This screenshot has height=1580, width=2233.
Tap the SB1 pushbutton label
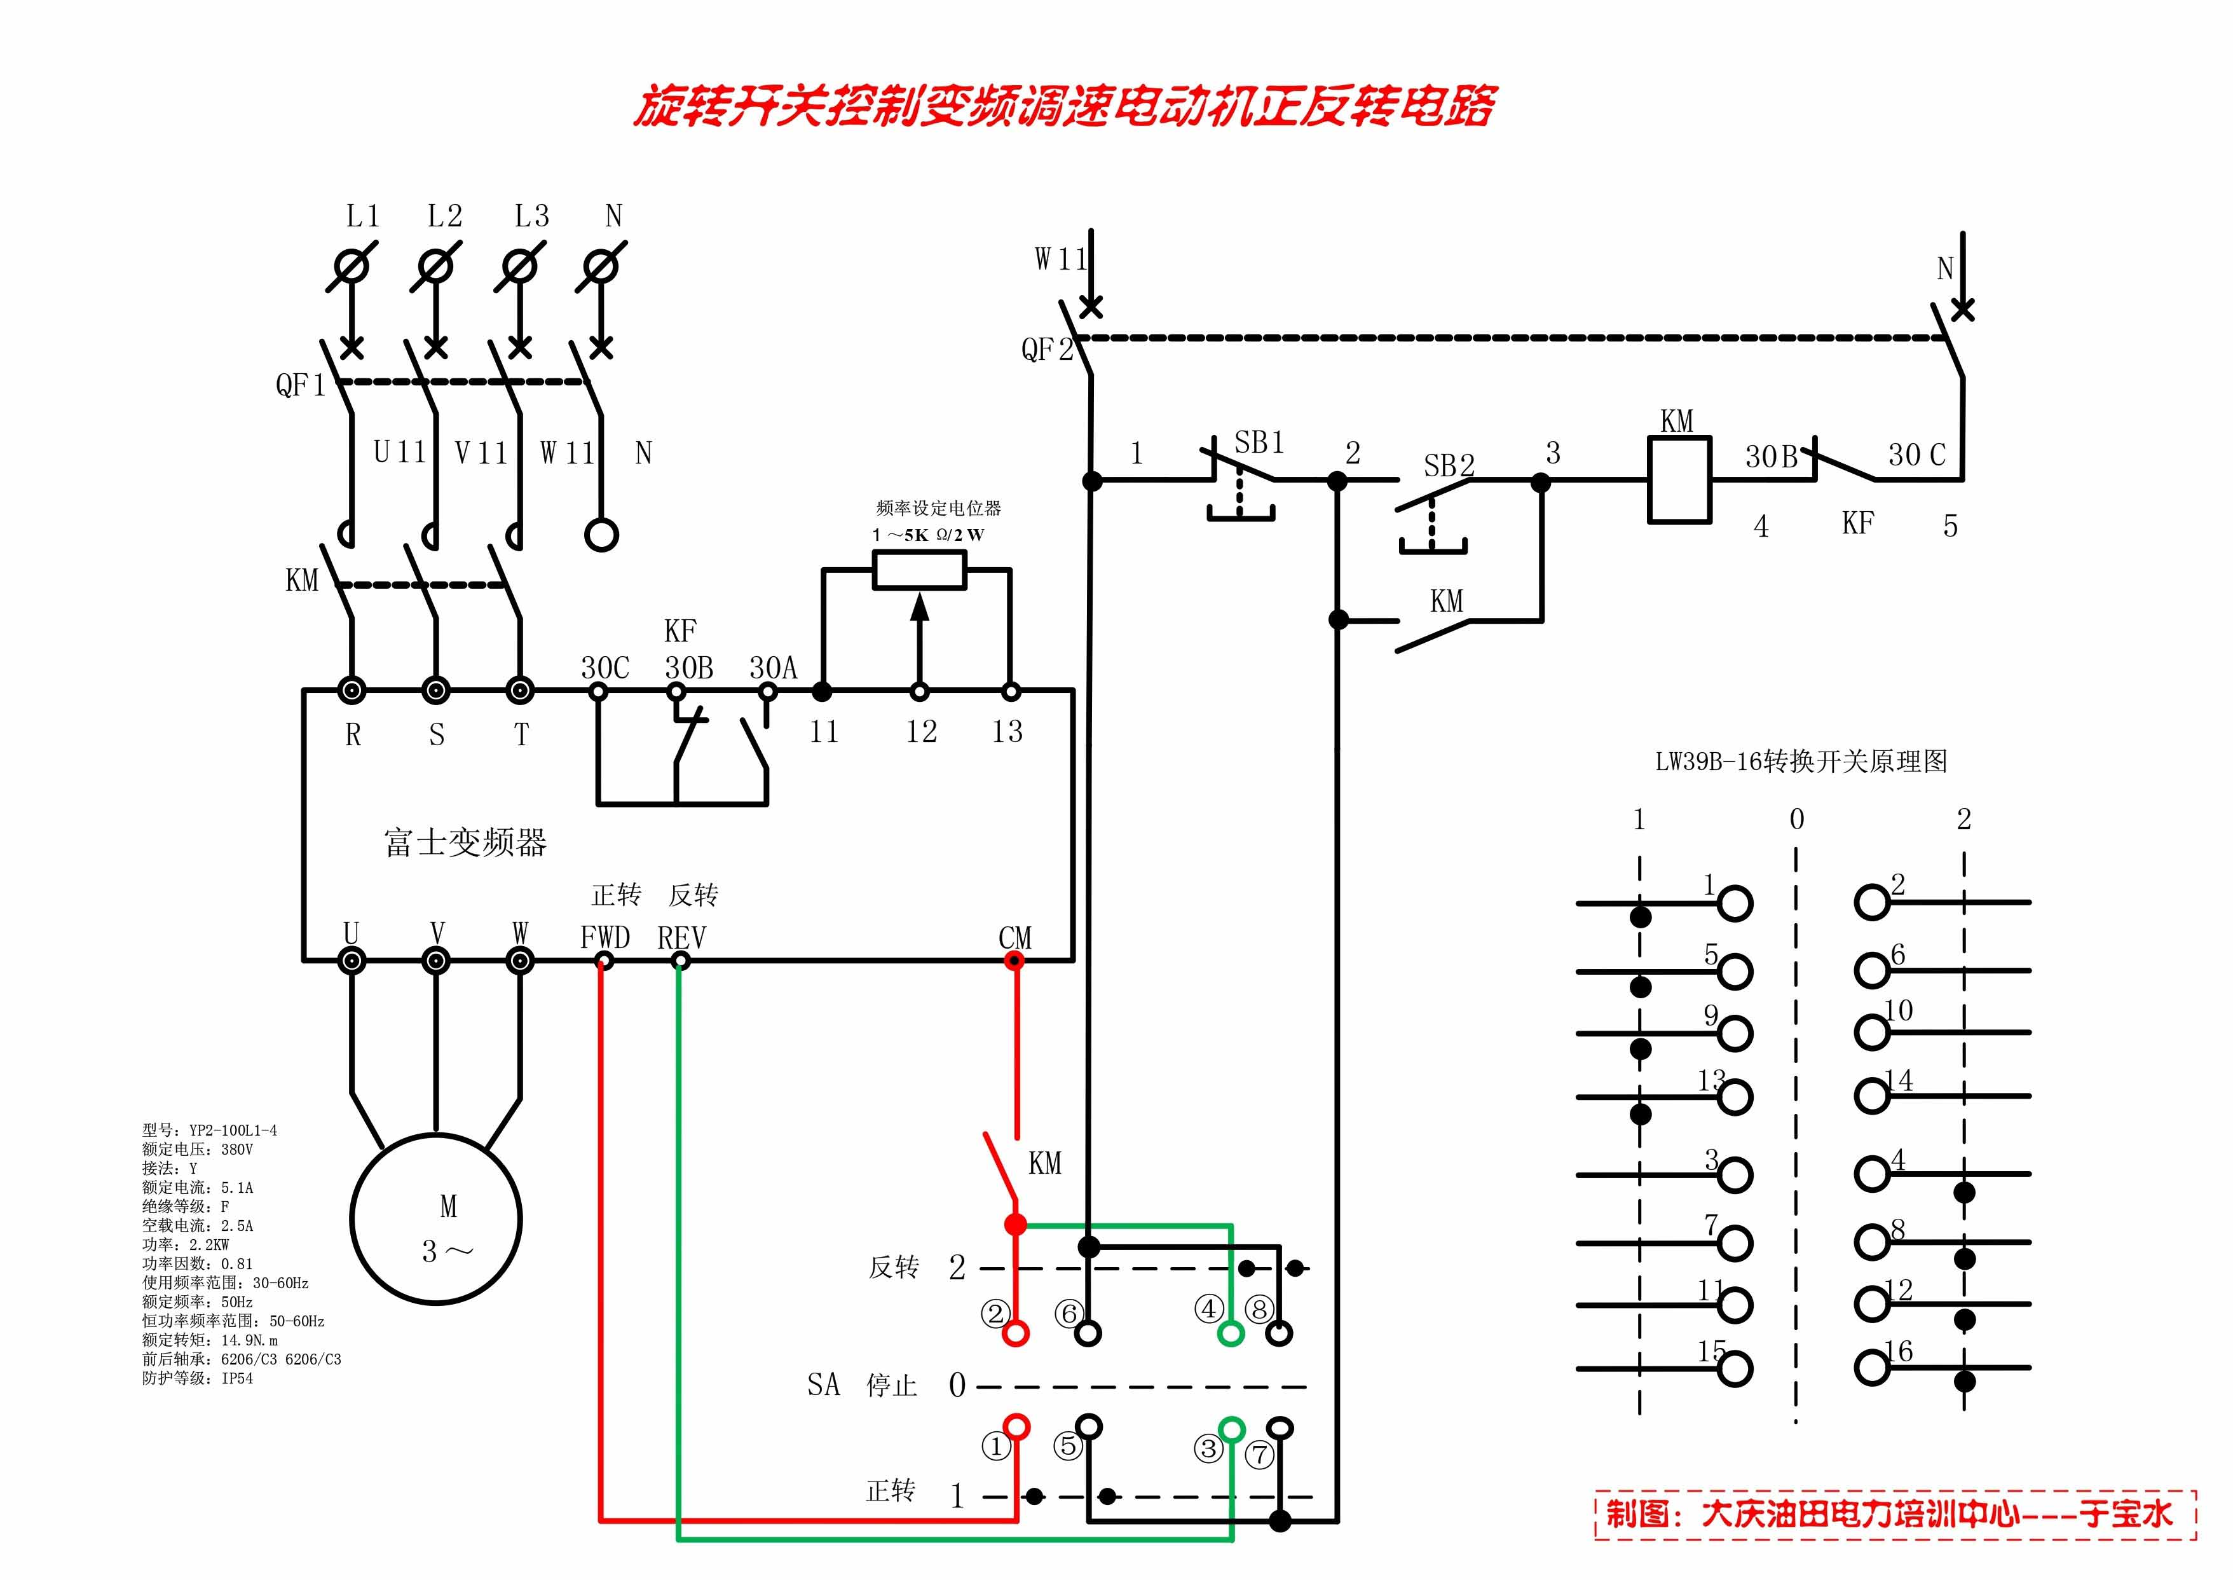[x=1259, y=444]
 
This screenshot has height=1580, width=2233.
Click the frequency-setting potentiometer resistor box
[x=919, y=570]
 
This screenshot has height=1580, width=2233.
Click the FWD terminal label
[x=605, y=938]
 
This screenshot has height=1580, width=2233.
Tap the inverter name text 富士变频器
[x=465, y=842]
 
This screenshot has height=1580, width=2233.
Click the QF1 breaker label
[x=299, y=385]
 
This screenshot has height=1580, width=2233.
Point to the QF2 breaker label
[x=1046, y=349]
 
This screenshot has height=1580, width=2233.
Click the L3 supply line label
[x=531, y=216]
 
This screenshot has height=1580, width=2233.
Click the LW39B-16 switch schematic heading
[x=1801, y=762]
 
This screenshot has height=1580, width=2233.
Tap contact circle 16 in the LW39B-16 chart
[x=1871, y=1368]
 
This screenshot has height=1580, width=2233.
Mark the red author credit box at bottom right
[x=1895, y=1514]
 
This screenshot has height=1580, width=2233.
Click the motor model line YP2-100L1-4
[x=210, y=1130]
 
